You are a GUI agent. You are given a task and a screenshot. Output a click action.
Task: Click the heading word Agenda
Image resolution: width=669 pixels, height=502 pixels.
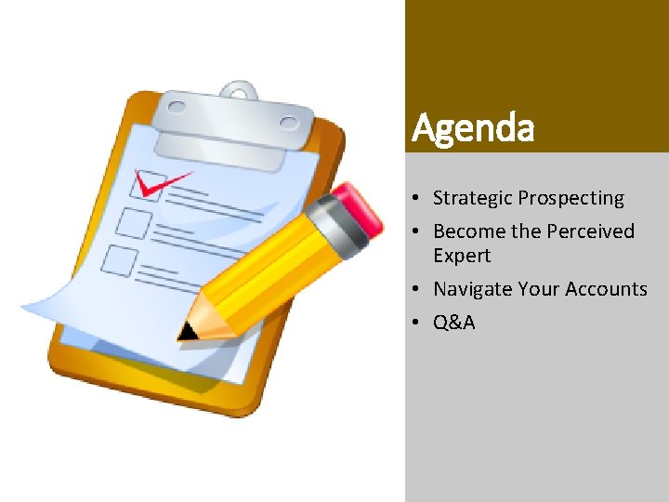tap(473, 128)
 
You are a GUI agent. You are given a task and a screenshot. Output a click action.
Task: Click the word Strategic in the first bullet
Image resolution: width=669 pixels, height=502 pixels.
tap(473, 198)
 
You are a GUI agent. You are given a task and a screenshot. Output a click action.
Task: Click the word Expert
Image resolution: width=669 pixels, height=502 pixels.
tap(462, 256)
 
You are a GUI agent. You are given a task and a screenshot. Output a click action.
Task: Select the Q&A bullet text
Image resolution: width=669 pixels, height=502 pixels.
tap(454, 323)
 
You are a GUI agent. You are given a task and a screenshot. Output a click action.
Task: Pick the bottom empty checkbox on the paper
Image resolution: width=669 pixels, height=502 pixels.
tap(120, 260)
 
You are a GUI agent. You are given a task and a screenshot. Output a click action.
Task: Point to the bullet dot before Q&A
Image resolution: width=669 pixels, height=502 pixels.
tap(421, 324)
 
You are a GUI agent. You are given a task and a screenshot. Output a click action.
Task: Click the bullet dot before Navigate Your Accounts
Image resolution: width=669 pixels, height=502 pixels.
tap(421, 290)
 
